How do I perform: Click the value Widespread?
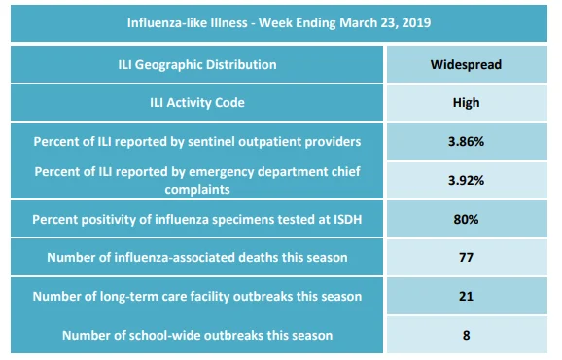pyautogui.click(x=466, y=65)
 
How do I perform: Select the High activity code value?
pyautogui.click(x=466, y=103)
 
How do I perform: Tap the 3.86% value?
pyautogui.click(x=466, y=142)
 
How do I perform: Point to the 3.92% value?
pyautogui.click(x=466, y=180)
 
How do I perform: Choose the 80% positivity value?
pyautogui.click(x=466, y=219)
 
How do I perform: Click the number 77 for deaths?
pyautogui.click(x=466, y=258)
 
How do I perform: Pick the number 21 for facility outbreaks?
pyautogui.click(x=466, y=296)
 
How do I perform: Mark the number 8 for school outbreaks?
pyautogui.click(x=466, y=336)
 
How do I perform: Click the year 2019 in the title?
pyautogui.click(x=416, y=23)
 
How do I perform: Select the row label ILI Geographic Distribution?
pyautogui.click(x=197, y=65)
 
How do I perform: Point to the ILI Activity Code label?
pyautogui.click(x=197, y=103)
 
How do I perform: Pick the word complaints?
pyautogui.click(x=197, y=190)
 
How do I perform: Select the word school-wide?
pyautogui.click(x=157, y=336)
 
